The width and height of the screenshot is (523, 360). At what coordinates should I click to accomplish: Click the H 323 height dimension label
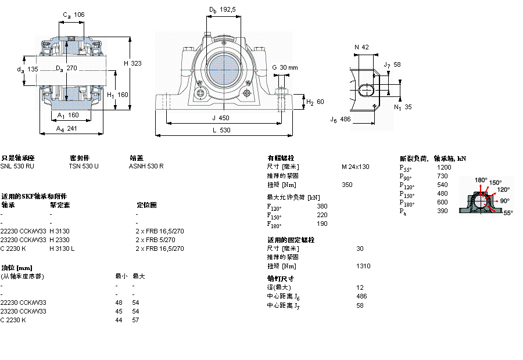132,63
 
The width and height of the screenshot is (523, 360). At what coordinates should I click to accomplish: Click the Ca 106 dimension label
73,15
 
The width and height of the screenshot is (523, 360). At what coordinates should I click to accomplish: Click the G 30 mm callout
285,67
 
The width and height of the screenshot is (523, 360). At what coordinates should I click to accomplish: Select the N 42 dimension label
361,47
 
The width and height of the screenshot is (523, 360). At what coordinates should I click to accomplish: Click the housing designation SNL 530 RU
17,166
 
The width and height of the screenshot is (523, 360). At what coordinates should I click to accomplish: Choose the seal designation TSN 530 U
84,166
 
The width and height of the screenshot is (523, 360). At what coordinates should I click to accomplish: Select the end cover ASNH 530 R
146,166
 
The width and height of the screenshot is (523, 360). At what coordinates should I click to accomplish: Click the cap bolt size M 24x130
355,167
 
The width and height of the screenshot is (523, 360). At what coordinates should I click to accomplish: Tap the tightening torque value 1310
363,266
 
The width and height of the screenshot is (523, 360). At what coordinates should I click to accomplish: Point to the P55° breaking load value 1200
443,167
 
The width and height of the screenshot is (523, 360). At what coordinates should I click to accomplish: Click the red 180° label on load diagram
481,180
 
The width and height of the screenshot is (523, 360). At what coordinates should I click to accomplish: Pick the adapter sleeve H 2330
59,240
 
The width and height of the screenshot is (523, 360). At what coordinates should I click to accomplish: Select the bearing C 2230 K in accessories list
13,249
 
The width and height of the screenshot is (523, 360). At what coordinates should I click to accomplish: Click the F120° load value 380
322,206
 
